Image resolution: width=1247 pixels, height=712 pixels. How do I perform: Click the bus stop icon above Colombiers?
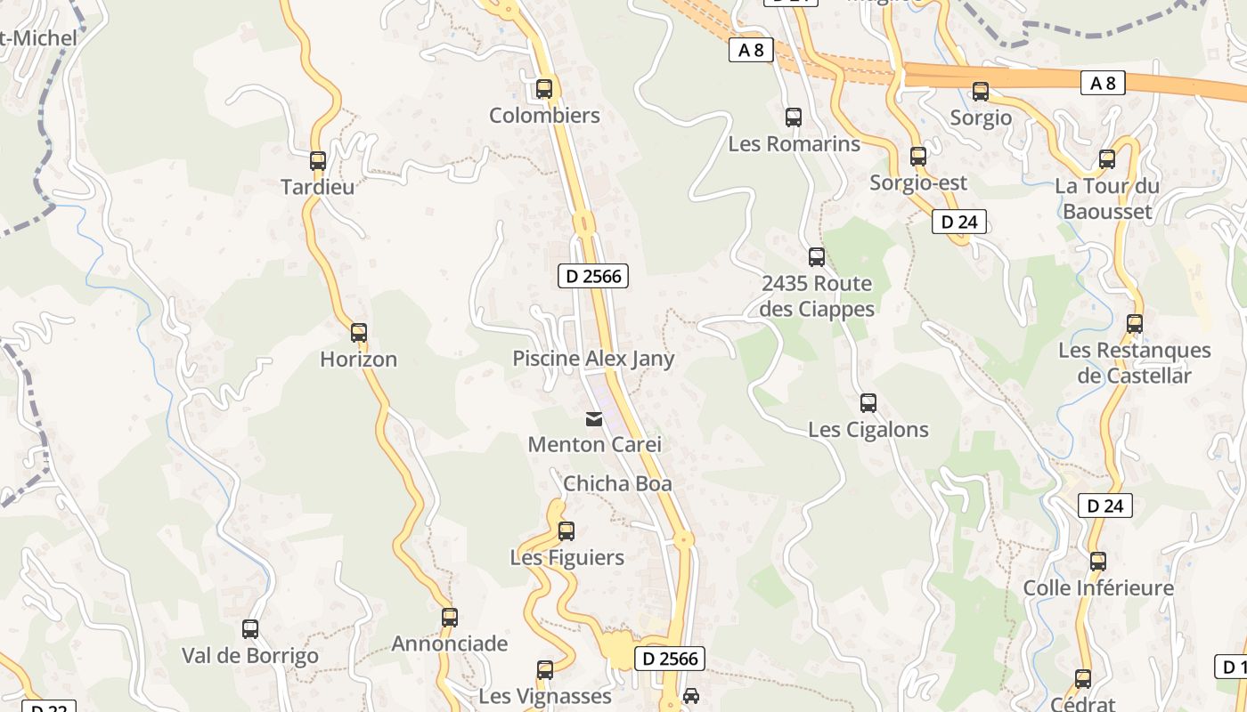tap(544, 89)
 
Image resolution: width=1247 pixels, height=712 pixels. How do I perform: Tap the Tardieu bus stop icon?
tap(318, 161)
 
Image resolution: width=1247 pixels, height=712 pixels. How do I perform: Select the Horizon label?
tap(359, 360)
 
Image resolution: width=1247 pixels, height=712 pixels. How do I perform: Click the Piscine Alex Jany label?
tap(593, 359)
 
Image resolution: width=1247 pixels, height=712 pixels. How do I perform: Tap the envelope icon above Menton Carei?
tap(593, 418)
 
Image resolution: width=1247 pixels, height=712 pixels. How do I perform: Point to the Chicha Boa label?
tap(617, 484)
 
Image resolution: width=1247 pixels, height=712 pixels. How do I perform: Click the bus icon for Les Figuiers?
tap(566, 531)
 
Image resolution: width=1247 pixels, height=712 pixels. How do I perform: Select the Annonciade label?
tap(450, 643)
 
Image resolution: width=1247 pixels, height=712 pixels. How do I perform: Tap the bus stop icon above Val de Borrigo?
tap(250, 629)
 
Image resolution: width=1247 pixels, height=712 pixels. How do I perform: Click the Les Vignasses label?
tap(545, 695)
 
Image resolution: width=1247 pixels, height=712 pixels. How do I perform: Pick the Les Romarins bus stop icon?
tap(793, 117)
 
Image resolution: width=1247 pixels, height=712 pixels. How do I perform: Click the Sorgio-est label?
tap(918, 182)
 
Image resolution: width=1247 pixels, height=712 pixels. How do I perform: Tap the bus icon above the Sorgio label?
tap(981, 92)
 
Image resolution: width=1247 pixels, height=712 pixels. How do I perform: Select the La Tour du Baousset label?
tap(1107, 198)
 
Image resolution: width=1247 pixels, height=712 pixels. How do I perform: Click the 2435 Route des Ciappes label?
tap(817, 296)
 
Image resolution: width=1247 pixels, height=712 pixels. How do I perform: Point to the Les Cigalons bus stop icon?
tap(868, 403)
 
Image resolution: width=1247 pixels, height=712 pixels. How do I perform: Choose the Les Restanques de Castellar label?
tap(1134, 363)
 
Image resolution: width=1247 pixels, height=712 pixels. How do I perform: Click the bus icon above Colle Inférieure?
tap(1098, 562)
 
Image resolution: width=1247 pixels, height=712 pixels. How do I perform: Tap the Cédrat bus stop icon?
tap(1083, 679)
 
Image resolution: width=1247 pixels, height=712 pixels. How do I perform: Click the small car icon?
tap(691, 695)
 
